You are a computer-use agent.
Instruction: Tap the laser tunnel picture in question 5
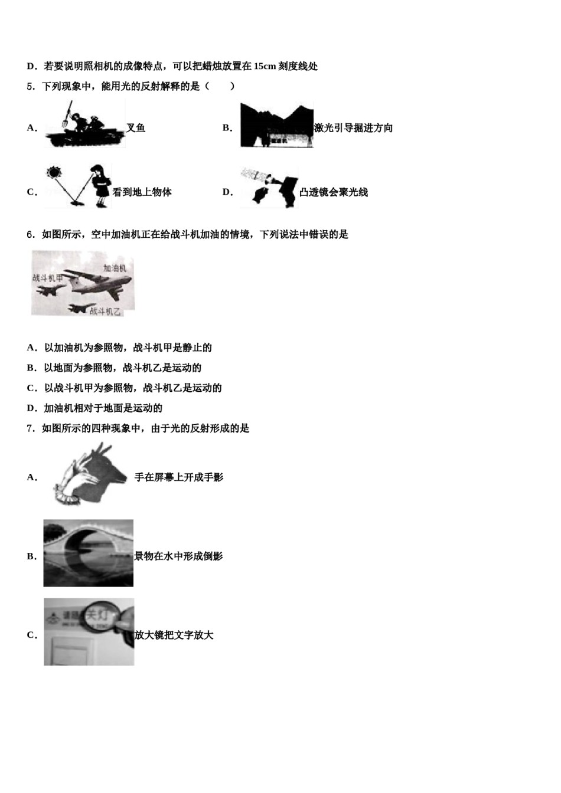click(x=276, y=125)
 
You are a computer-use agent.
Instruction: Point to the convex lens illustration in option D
click(x=269, y=188)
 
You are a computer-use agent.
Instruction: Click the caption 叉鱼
click(x=136, y=128)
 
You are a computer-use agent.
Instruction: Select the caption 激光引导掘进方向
click(x=353, y=128)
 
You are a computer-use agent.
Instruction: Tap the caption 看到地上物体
click(x=142, y=192)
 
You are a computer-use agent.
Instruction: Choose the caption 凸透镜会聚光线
click(x=333, y=192)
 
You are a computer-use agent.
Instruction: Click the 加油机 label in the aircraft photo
click(x=115, y=268)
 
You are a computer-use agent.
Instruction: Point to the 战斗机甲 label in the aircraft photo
click(x=47, y=277)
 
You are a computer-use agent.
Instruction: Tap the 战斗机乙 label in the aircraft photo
click(x=105, y=312)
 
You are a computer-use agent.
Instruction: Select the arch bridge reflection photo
click(x=89, y=553)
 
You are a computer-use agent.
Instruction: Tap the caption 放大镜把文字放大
click(x=174, y=635)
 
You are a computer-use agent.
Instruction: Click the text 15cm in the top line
click(x=265, y=66)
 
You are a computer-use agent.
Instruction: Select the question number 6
click(x=30, y=235)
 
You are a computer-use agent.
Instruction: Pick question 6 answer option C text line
click(x=124, y=388)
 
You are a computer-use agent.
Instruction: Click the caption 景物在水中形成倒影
click(x=178, y=556)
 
